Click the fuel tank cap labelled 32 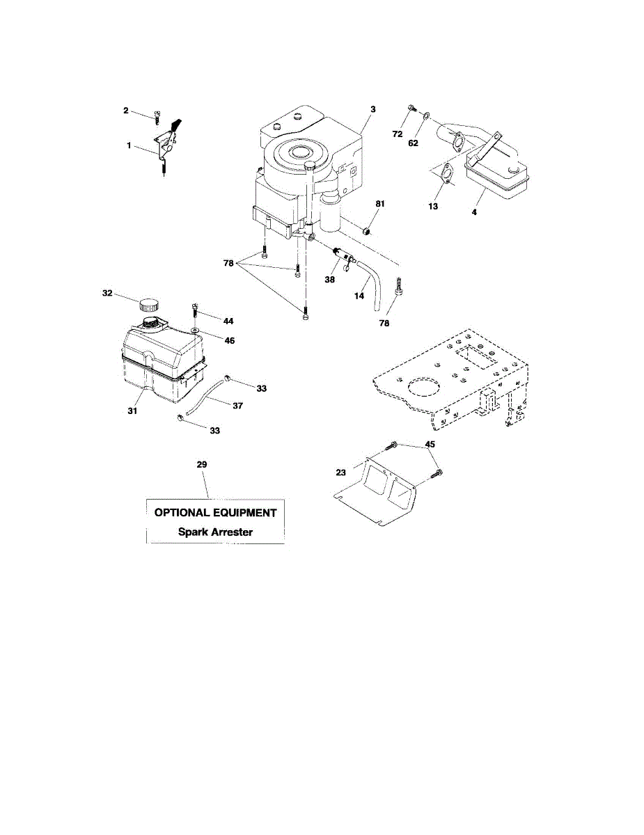[148, 305]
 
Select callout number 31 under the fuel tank [132, 411]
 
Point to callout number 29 [202, 464]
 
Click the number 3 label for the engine [373, 109]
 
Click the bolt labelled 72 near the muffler [410, 109]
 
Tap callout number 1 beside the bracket [129, 147]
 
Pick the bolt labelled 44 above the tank [195, 307]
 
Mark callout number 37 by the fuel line [237, 405]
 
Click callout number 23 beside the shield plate [340, 472]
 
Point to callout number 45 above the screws [430, 444]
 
